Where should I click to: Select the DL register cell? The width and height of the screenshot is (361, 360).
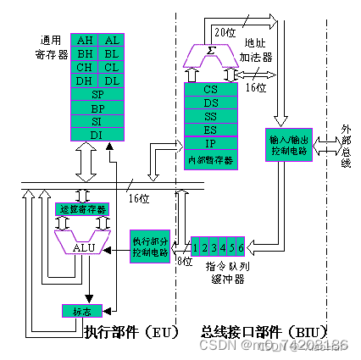111,81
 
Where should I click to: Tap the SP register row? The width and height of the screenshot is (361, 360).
98,95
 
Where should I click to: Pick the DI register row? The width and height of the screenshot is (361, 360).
98,134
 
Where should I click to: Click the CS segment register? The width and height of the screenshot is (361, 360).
211,88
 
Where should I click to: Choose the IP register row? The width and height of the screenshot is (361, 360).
211,143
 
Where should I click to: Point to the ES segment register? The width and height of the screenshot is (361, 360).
211,130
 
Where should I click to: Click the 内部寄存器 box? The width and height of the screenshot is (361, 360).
211,158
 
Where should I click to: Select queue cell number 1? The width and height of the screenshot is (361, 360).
196,246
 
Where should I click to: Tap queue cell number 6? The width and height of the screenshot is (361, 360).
242,246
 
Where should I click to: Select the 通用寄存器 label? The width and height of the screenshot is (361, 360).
51,46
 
